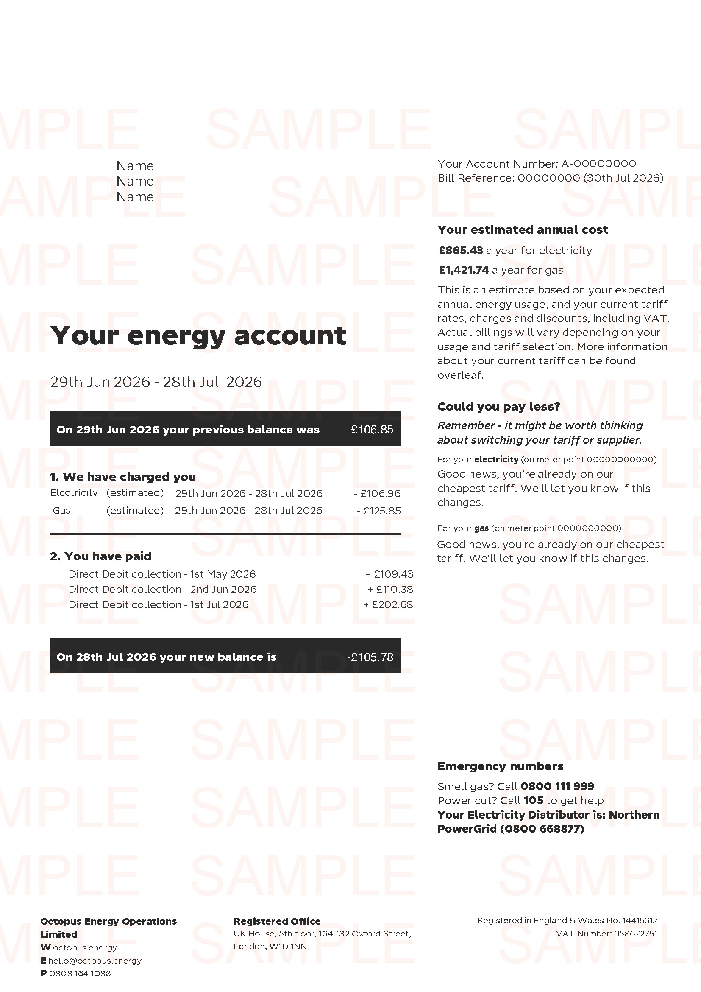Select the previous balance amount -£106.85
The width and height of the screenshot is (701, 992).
[x=370, y=430]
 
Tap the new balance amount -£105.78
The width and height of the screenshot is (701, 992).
[x=370, y=657]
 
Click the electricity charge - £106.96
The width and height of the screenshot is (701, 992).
[x=377, y=493]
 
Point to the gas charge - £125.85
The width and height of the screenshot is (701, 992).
[x=378, y=511]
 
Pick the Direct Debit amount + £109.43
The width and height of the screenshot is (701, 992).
[x=389, y=574]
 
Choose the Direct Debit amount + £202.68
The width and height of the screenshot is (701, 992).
[x=388, y=605]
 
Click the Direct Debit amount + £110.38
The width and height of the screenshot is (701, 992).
[x=390, y=590]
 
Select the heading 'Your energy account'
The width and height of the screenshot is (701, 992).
[x=198, y=336]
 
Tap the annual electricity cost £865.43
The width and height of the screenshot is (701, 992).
[x=461, y=251]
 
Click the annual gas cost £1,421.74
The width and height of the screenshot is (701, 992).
[x=464, y=270]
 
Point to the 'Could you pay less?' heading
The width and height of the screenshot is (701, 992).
[x=498, y=407]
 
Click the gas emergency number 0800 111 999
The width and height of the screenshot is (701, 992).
[x=557, y=786]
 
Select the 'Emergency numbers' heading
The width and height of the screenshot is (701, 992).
[x=500, y=766]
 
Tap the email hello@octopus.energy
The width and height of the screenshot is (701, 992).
[x=95, y=961]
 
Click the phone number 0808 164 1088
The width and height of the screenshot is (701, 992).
[x=80, y=973]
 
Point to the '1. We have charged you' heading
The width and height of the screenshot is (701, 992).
[x=123, y=477]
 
